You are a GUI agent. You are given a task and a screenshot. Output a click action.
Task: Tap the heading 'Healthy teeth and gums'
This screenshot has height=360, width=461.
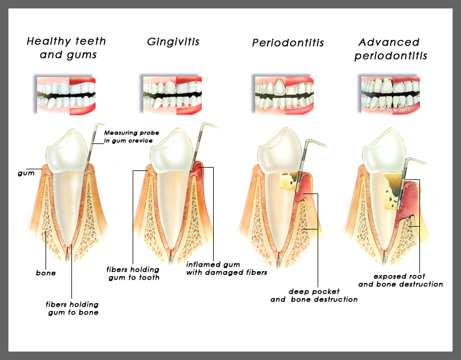pos(66,48)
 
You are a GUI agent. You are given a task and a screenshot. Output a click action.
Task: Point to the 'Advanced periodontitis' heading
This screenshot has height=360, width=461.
pos(393,49)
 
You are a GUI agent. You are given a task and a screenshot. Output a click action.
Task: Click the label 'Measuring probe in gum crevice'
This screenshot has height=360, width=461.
pos(132,137)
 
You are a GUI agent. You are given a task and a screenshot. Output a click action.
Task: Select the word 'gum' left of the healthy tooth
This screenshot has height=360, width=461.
pos(26,173)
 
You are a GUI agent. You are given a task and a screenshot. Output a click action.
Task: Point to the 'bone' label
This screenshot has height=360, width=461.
pos(46,273)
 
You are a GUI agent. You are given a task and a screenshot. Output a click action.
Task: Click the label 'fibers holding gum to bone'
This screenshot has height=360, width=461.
pos(72,308)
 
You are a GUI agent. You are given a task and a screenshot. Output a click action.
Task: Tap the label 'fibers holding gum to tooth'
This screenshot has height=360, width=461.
pos(133,273)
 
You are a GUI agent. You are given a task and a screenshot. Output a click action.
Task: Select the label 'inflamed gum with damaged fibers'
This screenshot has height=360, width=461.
pos(227,269)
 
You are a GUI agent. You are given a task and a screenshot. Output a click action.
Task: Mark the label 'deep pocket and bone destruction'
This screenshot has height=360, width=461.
pos(314,295)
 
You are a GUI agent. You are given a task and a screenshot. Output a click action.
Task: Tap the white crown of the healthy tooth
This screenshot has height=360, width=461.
pos(66,151)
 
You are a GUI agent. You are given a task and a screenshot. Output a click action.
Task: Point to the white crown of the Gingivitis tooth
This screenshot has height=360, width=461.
pos(171,151)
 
